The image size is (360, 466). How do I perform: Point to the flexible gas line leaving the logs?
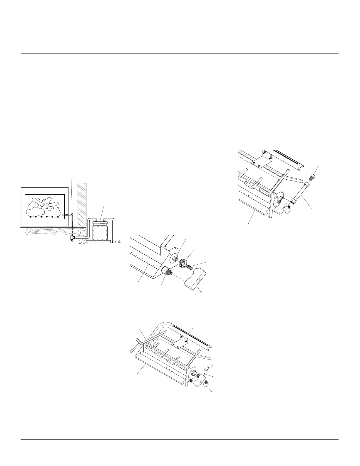66,216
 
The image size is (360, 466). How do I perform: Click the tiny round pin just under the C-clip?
205,374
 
